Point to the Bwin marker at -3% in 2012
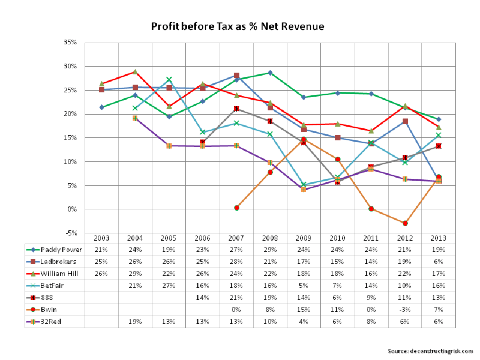(x=405, y=223)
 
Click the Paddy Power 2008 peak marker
(x=270, y=73)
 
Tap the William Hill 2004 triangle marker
(x=135, y=71)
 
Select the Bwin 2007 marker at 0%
(x=237, y=208)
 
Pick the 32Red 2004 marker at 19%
(x=135, y=118)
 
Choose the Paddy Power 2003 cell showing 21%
(x=101, y=249)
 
